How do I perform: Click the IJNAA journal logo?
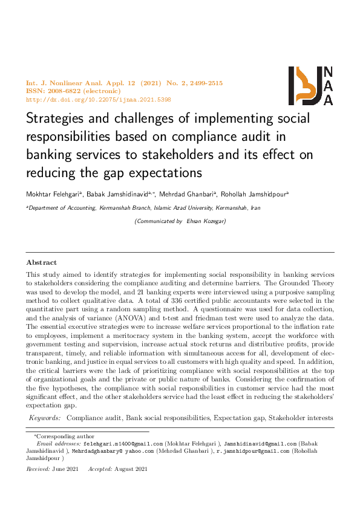click(x=310, y=85)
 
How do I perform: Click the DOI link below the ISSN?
click(x=98, y=99)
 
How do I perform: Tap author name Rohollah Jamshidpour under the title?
click(x=257, y=194)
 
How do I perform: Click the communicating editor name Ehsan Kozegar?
click(x=206, y=221)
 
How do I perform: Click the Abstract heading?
click(x=41, y=262)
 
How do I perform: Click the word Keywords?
click(x=45, y=418)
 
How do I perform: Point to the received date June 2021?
click(x=65, y=469)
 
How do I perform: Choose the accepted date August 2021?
click(x=133, y=469)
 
